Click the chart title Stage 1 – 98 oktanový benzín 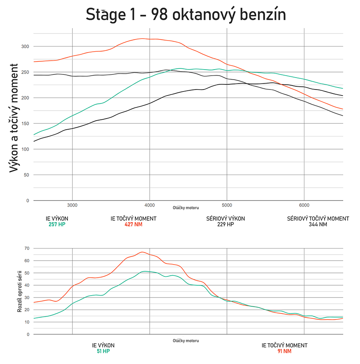click(x=186, y=15)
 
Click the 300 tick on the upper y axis click(x=25, y=47)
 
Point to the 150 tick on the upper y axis click(x=25, y=124)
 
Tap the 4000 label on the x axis click(x=149, y=205)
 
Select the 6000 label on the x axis click(x=304, y=205)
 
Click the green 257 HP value click(x=57, y=224)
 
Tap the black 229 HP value click(x=225, y=224)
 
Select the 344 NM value click(x=318, y=224)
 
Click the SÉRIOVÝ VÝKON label click(x=225, y=218)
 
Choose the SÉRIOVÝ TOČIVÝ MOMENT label click(x=318, y=218)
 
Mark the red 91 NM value click(x=284, y=351)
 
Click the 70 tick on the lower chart click(x=27, y=248)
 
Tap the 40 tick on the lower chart click(x=27, y=285)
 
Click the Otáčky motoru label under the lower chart click(x=186, y=341)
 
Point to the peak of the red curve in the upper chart click(x=143, y=39)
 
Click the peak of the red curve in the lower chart click(x=142, y=252)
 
